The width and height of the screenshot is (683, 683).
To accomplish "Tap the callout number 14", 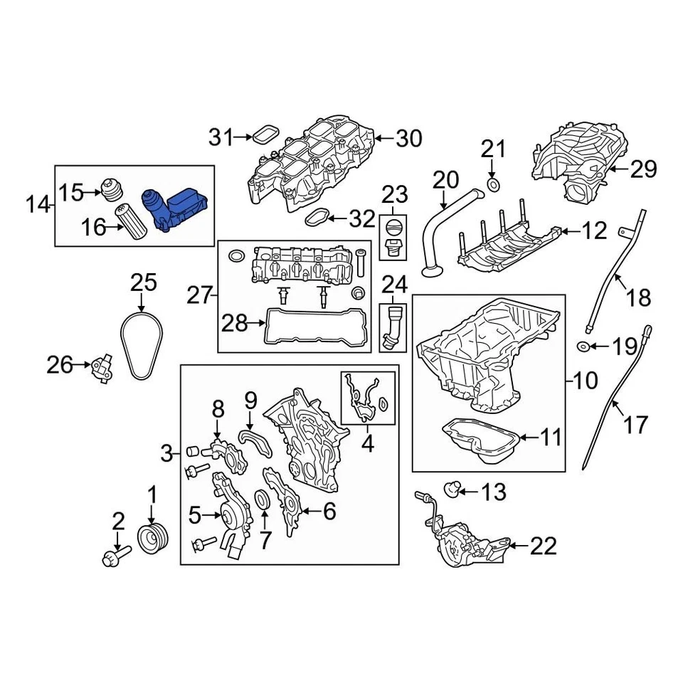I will [x=39, y=206].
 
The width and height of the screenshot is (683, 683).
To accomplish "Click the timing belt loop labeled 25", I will [x=142, y=347].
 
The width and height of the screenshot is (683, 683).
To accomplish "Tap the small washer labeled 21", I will [x=492, y=186].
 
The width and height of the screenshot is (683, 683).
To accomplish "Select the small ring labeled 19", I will [x=583, y=346].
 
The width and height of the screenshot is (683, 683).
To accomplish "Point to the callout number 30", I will [x=408, y=139].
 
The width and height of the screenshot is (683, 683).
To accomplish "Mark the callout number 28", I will [x=234, y=324].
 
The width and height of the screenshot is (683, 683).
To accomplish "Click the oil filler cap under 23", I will [x=393, y=231].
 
